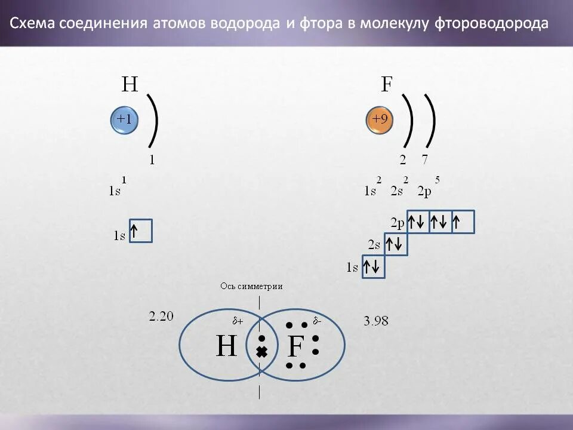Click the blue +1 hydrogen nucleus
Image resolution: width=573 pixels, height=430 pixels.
(124, 121)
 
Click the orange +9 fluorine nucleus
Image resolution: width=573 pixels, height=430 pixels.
(380, 121)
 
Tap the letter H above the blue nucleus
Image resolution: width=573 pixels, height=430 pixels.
(130, 85)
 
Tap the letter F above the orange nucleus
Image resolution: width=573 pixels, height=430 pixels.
(386, 85)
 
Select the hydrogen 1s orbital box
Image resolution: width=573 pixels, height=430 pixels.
(141, 231)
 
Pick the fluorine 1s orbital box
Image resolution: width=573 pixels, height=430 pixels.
(374, 267)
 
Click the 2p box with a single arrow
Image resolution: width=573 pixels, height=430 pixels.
(463, 222)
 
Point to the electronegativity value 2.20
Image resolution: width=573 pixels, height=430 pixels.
(161, 317)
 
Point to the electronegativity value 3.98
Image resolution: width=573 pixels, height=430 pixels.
(376, 321)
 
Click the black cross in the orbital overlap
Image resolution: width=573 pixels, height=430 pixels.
(261, 352)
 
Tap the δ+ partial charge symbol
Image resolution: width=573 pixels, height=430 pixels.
(238, 321)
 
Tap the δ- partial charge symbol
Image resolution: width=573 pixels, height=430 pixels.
(317, 321)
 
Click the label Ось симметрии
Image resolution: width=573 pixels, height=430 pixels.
(251, 287)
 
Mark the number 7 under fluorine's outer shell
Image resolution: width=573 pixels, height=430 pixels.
(424, 159)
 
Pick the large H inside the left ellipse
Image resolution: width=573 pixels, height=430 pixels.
(226, 346)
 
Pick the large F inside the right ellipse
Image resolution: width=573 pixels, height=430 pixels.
(296, 347)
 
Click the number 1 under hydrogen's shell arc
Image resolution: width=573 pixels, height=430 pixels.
(152, 159)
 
